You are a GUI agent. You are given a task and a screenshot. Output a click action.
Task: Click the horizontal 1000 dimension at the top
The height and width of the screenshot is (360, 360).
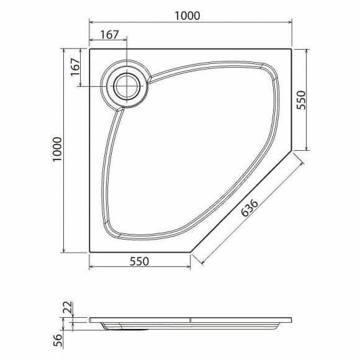click(187, 16)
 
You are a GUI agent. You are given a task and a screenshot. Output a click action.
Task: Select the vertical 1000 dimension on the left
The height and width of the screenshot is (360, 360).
click(58, 150)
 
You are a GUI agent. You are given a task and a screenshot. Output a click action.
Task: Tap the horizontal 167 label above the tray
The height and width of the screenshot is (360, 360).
click(109, 35)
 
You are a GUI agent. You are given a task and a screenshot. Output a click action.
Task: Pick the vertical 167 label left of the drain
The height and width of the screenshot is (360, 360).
click(74, 66)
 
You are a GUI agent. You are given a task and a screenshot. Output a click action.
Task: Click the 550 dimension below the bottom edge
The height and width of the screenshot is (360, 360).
click(139, 261)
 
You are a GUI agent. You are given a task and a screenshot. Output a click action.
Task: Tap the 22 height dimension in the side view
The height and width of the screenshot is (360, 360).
click(68, 307)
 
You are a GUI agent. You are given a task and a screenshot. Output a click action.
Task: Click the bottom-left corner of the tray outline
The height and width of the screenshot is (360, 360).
click(90, 253)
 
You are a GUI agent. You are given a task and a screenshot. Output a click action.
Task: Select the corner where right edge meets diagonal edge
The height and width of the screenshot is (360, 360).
click(292, 151)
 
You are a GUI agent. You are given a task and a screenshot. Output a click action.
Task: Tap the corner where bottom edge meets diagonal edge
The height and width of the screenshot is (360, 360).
click(191, 253)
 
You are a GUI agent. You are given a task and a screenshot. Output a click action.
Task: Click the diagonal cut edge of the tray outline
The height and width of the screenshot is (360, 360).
click(241, 202)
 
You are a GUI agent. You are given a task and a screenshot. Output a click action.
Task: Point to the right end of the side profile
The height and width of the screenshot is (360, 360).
click(290, 320)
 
